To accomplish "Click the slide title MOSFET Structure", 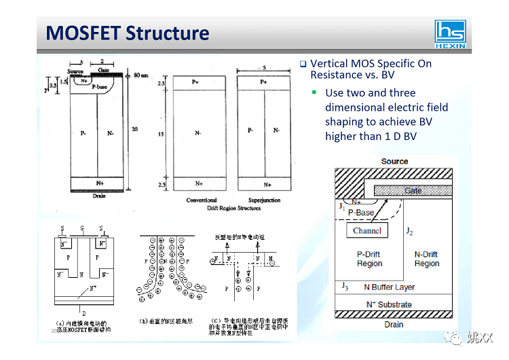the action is [x=127, y=33].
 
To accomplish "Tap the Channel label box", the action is [x=367, y=231].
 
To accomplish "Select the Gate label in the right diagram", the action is [x=413, y=191].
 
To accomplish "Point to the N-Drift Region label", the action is [x=426, y=259].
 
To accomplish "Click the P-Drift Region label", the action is [x=369, y=259].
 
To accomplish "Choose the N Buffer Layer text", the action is [x=389, y=287].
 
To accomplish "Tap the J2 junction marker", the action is [x=409, y=232].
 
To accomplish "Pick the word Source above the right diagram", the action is [x=394, y=161].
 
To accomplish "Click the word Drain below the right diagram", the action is [x=394, y=325].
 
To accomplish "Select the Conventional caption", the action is [x=202, y=200].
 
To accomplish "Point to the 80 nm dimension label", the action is [x=140, y=75].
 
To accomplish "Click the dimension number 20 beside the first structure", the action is [x=134, y=130].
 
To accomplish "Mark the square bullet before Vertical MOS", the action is [x=303, y=65].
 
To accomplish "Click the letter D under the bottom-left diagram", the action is [x=84, y=313].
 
